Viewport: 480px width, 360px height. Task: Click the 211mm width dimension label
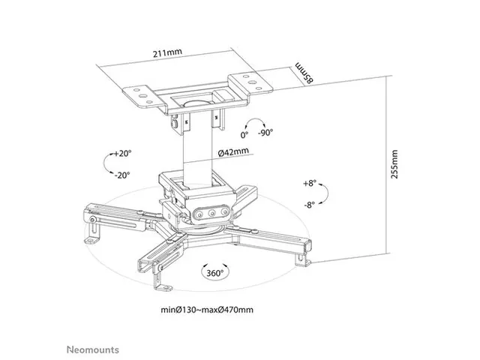click(167, 54)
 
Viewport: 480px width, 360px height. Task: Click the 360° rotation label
click(214, 274)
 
